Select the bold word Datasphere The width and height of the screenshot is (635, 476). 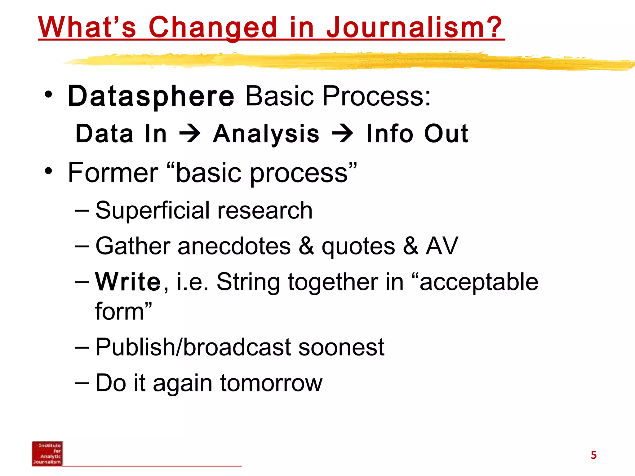(x=151, y=96)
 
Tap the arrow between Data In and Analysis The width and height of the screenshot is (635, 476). (x=190, y=134)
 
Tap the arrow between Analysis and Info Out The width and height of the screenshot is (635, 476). (x=342, y=134)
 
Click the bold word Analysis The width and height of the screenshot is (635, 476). (x=266, y=134)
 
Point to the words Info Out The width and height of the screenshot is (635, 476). (x=417, y=134)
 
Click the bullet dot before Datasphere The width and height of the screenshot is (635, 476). (x=48, y=95)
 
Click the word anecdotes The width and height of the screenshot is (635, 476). (x=234, y=246)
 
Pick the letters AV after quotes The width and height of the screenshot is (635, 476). (x=442, y=246)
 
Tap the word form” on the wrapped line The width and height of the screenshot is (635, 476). (x=123, y=312)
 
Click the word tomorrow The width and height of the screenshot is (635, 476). (x=271, y=383)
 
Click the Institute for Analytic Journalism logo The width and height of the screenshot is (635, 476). (x=47, y=453)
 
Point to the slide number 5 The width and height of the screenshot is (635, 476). (x=593, y=455)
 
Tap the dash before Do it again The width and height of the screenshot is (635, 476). (x=82, y=382)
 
